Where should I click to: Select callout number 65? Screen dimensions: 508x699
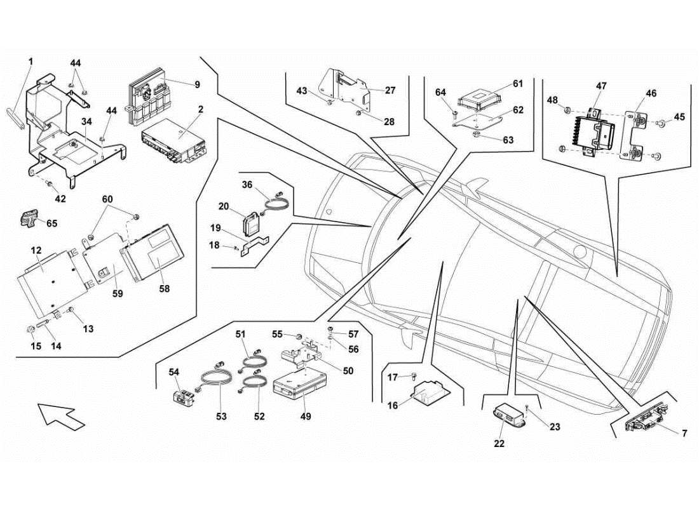click(51, 224)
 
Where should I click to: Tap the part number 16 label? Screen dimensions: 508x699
click(393, 406)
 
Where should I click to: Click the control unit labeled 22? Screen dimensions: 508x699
click(511, 417)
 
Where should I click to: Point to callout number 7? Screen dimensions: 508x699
click(684, 434)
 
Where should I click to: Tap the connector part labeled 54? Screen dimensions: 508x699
click(184, 397)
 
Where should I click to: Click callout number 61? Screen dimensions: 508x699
click(518, 84)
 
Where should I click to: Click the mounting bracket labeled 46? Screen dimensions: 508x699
click(636, 135)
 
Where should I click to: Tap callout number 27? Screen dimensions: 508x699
click(390, 90)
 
